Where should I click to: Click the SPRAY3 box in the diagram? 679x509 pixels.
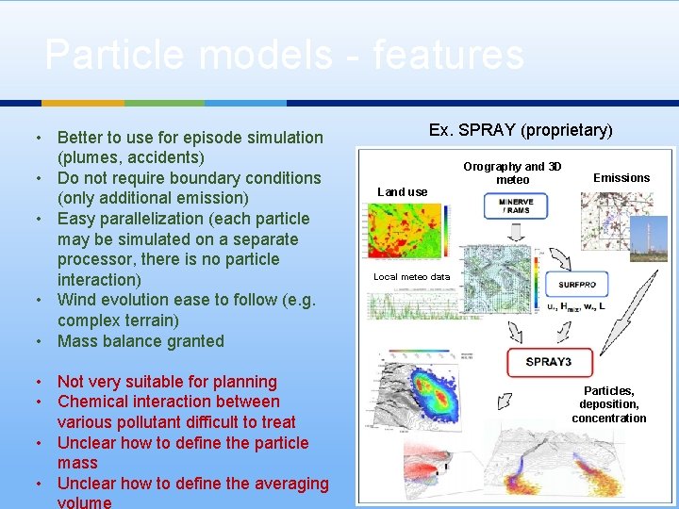549,362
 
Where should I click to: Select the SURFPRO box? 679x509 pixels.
576,284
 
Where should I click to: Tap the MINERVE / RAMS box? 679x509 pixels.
515,205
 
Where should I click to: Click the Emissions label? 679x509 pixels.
621,178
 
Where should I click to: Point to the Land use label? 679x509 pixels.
402,192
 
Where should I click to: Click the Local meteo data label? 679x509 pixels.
411,277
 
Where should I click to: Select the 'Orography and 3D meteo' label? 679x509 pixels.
512,173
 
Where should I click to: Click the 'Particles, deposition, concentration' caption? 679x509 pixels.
608,404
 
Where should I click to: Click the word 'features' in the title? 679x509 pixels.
448,55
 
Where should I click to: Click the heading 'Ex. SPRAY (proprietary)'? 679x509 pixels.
520,130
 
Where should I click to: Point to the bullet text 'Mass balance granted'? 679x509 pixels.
141,341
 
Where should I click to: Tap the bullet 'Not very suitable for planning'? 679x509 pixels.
167,382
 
